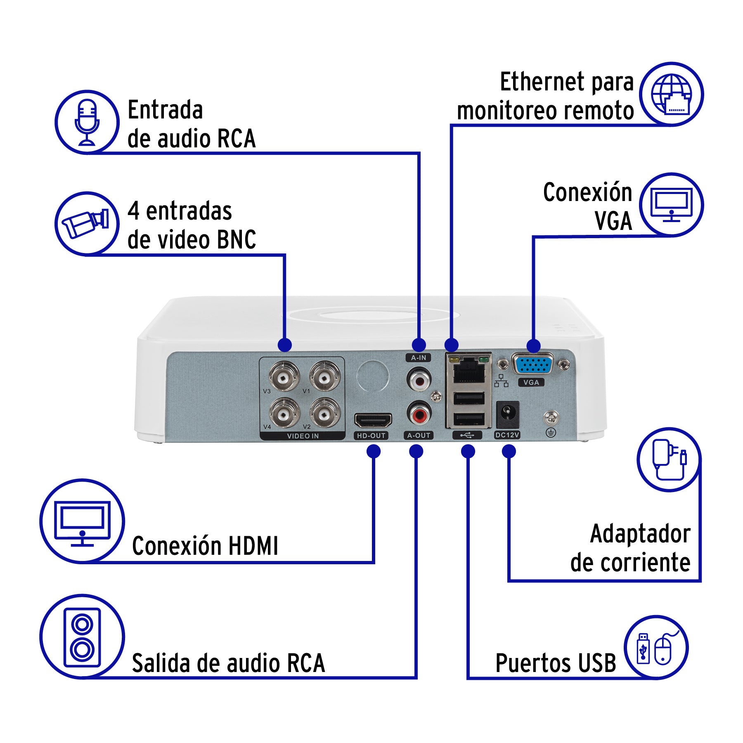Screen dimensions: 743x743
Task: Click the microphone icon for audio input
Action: (x=87, y=122)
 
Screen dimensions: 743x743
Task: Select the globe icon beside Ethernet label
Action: (x=671, y=94)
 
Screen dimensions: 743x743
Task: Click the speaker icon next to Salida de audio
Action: (x=82, y=637)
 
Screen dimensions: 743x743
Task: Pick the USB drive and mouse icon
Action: (x=656, y=648)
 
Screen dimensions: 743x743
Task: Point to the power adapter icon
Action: (x=668, y=459)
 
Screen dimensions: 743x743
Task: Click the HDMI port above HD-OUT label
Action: (x=373, y=421)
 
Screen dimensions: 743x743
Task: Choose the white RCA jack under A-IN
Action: (x=419, y=380)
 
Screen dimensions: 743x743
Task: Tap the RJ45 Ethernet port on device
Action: (x=469, y=370)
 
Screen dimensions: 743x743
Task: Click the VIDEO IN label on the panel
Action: (x=303, y=436)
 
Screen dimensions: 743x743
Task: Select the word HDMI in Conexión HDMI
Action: (x=253, y=546)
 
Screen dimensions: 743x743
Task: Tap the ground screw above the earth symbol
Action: (x=551, y=417)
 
